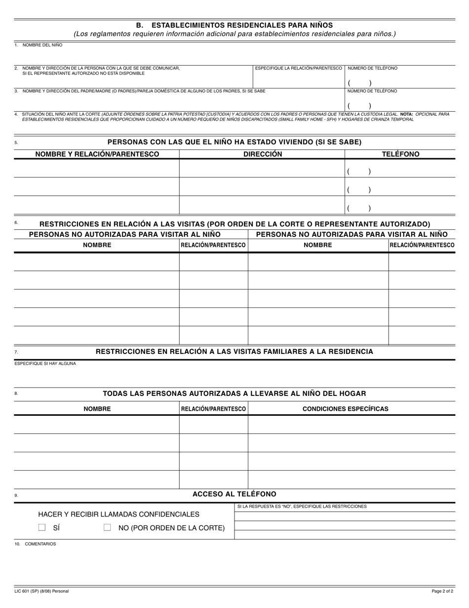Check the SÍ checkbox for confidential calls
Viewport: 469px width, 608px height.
42,527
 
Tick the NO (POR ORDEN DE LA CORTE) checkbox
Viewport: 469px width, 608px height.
107,527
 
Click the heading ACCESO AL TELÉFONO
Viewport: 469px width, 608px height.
234,494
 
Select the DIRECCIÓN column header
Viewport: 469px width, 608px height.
263,154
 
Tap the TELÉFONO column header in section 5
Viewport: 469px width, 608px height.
400,154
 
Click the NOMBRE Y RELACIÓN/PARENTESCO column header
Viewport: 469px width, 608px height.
97,154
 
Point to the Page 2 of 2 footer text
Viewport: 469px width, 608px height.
442,591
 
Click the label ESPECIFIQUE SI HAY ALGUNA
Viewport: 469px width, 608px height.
45,363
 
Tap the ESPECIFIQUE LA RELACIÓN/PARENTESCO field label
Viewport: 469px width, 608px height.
298,68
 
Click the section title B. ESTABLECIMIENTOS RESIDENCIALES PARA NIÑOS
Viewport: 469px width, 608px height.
234,25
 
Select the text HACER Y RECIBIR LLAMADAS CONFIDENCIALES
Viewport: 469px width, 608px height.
118,514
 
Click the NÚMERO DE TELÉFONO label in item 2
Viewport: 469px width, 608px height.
372,68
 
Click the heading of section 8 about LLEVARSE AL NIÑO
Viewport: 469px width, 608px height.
234,393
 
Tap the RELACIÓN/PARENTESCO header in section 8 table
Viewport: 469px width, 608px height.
213,409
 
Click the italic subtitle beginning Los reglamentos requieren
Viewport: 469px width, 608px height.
234,34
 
